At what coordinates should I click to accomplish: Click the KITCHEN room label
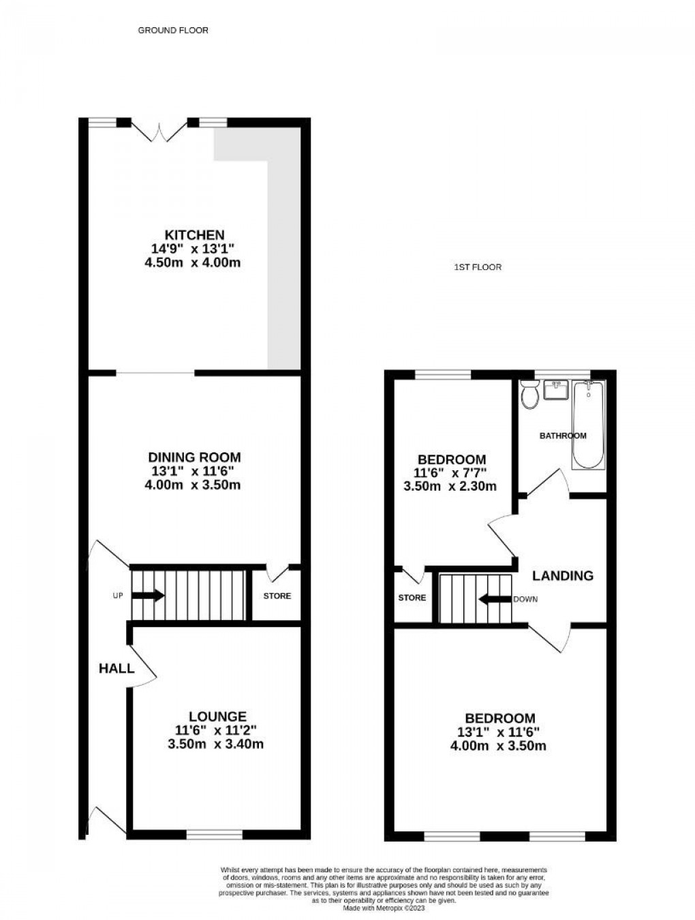[194, 235]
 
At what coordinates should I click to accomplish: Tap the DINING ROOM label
[195, 457]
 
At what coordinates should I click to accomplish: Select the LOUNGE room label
[217, 716]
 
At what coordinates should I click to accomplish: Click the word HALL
[117, 669]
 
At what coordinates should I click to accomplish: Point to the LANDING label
[563, 575]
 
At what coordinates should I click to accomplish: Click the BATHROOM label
[563, 435]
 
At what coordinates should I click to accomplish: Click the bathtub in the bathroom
[588, 425]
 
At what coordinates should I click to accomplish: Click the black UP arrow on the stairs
[148, 595]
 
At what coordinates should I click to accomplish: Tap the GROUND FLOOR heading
[173, 30]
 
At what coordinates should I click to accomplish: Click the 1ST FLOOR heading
[478, 267]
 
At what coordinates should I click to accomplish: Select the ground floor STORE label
[277, 596]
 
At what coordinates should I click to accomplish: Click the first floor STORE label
[412, 598]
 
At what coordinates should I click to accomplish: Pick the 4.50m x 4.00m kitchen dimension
[193, 262]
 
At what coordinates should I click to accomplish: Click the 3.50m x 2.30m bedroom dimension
[450, 486]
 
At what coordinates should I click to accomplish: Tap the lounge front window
[215, 833]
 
